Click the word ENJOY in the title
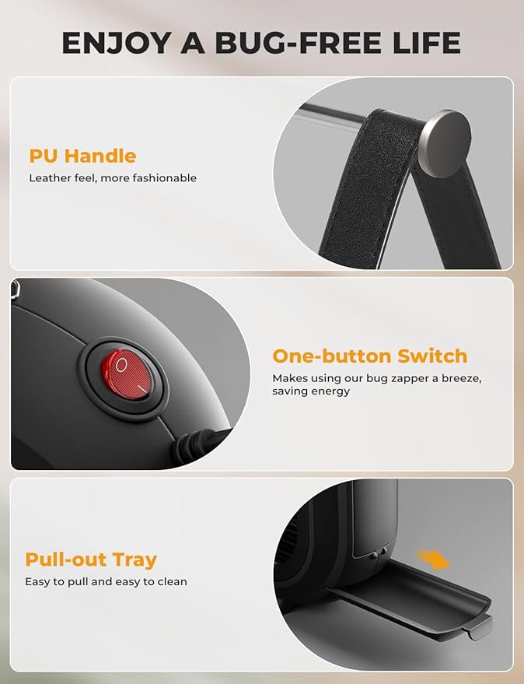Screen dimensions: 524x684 (x=116, y=43)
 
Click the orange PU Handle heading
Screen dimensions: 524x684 (x=83, y=156)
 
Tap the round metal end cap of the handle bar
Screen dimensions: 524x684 (x=444, y=143)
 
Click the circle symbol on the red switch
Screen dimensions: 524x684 (x=121, y=365)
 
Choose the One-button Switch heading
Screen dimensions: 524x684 (x=370, y=356)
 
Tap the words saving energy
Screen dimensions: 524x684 (x=311, y=391)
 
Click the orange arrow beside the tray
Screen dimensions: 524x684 (x=433, y=559)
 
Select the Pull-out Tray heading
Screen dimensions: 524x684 (x=91, y=559)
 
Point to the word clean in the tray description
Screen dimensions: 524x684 (x=172, y=581)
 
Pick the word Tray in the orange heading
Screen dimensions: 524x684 (x=134, y=560)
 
